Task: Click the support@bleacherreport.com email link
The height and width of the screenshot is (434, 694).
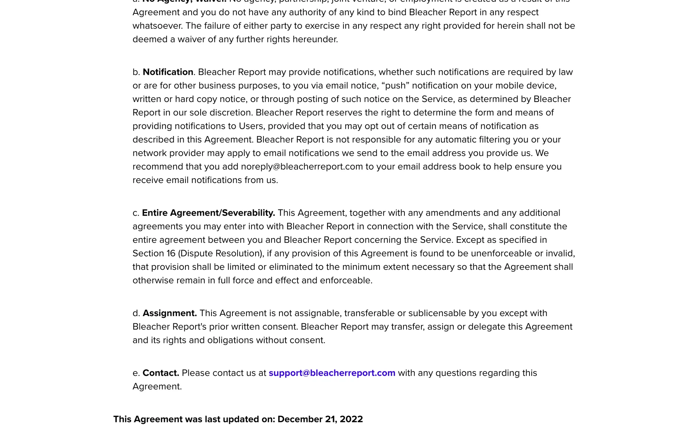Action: point(332,373)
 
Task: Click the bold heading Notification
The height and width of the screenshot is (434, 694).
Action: point(168,72)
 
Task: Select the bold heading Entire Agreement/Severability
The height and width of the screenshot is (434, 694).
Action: point(209,213)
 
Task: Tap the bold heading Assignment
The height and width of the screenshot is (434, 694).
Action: point(170,313)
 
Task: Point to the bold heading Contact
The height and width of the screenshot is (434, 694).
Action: point(161,373)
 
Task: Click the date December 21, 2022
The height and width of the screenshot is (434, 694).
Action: point(320,419)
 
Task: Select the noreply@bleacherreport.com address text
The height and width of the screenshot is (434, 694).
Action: point(302,167)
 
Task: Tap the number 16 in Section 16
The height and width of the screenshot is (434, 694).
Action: point(171,254)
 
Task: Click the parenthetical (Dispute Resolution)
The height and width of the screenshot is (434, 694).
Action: point(221,254)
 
